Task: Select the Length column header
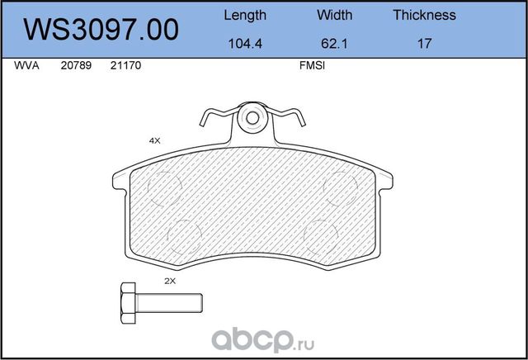[x=245, y=15]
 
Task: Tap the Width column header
[x=334, y=15]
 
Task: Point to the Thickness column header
[x=424, y=15]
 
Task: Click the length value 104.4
[x=245, y=44]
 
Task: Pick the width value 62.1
[x=334, y=44]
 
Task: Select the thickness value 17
[x=424, y=44]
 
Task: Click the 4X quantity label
[x=153, y=141]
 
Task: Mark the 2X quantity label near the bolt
[x=170, y=281]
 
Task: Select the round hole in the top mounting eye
[x=251, y=120]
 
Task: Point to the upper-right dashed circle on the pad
[x=340, y=190]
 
